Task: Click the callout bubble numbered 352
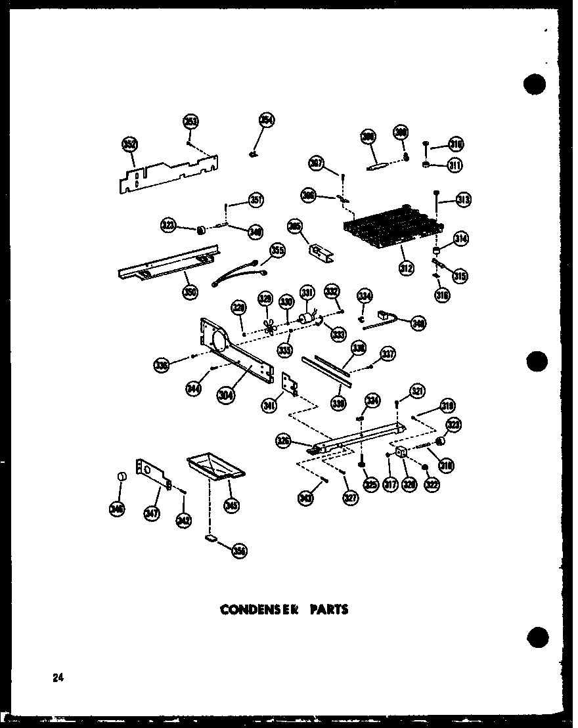(x=129, y=145)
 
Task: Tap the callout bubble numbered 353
(x=190, y=122)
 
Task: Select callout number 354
(x=266, y=120)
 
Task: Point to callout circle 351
(x=255, y=200)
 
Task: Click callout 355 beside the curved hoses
(x=278, y=250)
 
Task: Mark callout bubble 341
(x=269, y=406)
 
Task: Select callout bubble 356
(x=239, y=552)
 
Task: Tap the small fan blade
(x=267, y=327)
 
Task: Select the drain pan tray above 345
(x=216, y=467)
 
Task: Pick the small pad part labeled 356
(x=211, y=538)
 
